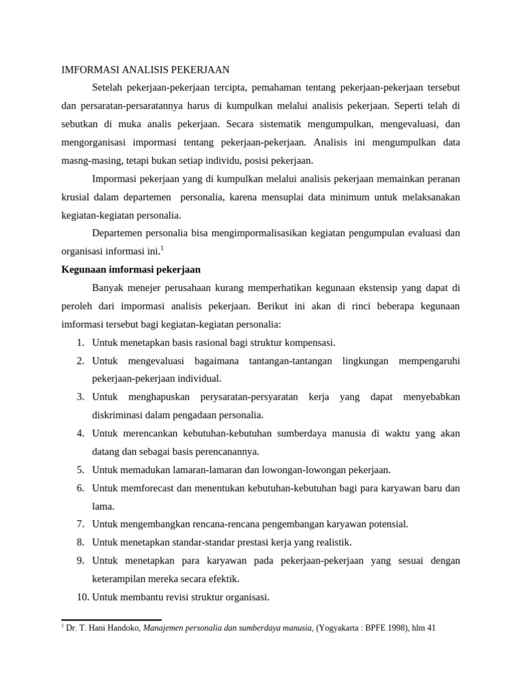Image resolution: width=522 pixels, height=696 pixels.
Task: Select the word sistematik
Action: pos(276,124)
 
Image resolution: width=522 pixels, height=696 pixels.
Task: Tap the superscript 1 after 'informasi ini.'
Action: pos(162,248)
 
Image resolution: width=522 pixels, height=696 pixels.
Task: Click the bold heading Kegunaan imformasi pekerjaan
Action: pos(130,269)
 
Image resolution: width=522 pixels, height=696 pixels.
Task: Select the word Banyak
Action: pos(108,288)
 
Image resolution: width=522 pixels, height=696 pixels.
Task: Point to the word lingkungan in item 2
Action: pos(366,360)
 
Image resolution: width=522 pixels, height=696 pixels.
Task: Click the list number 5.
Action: pos(80,470)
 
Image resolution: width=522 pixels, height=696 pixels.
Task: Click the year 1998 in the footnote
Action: pos(394,629)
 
